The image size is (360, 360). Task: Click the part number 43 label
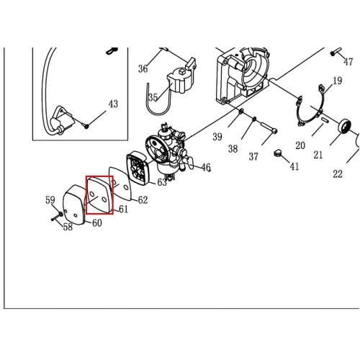pyautogui.click(x=113, y=104)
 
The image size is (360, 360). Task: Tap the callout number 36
pyautogui.click(x=143, y=69)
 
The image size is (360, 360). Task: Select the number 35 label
pyautogui.click(x=153, y=97)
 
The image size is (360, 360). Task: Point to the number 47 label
pyautogui.click(x=348, y=62)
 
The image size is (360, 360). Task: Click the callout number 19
pyautogui.click(x=338, y=81)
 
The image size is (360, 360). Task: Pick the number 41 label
pyautogui.click(x=294, y=166)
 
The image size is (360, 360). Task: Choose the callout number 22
pyautogui.click(x=338, y=174)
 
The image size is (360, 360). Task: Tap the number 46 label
pyautogui.click(x=206, y=167)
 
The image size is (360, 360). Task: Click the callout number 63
pyautogui.click(x=162, y=182)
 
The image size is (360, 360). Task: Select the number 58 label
pyautogui.click(x=68, y=227)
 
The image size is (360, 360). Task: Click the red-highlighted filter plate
pyautogui.click(x=100, y=195)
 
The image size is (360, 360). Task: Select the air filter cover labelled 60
pyautogui.click(x=73, y=204)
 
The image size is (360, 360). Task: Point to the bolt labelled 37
pyautogui.click(x=269, y=127)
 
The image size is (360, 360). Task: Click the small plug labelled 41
pyautogui.click(x=277, y=153)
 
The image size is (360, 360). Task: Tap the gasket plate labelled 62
pyautogui.click(x=120, y=184)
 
